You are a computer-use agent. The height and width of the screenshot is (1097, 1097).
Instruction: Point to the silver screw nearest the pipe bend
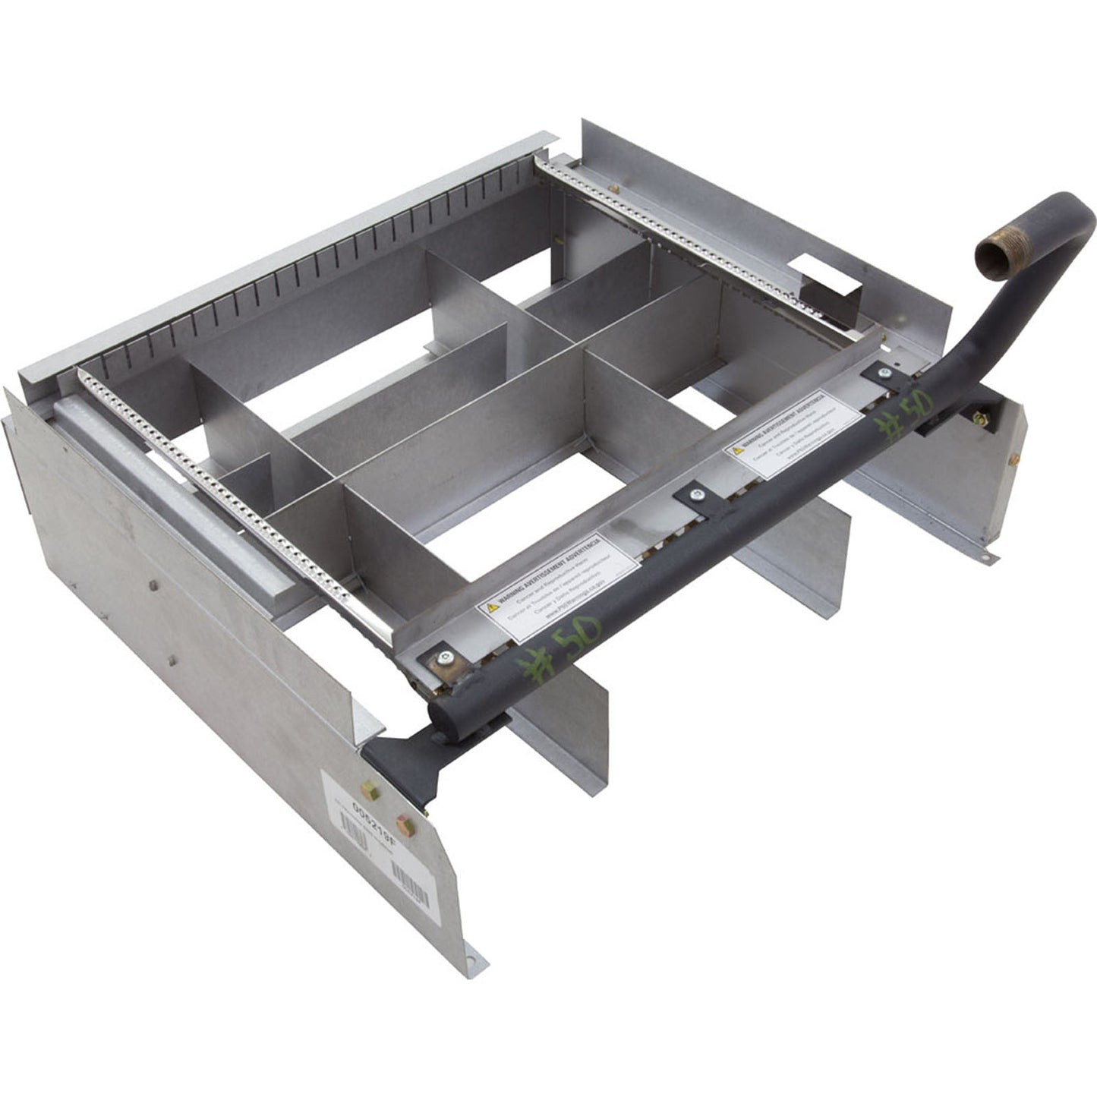[x=884, y=373]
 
